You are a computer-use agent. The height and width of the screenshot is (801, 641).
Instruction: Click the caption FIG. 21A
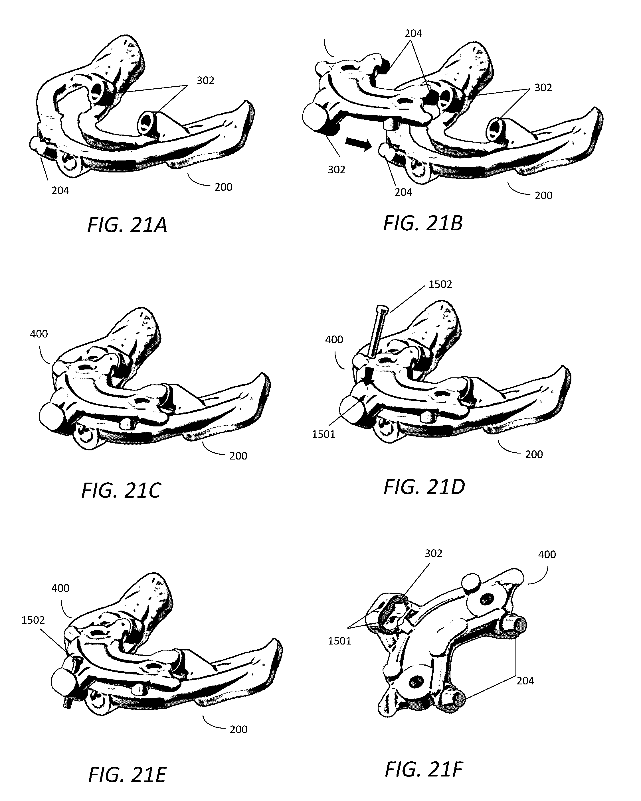[127, 225]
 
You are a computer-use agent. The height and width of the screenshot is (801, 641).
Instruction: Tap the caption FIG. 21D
[424, 487]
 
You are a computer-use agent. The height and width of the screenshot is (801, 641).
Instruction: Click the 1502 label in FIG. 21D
[440, 284]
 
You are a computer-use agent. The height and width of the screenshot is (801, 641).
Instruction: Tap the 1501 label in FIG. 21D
[323, 434]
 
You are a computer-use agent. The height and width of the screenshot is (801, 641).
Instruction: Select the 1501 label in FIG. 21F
[339, 641]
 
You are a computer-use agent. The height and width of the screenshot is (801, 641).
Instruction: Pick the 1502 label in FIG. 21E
[33, 620]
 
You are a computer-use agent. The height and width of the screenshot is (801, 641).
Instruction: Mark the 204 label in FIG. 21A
[60, 191]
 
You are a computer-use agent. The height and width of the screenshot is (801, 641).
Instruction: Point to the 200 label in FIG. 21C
[238, 456]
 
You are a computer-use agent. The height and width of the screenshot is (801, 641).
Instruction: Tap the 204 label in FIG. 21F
[525, 681]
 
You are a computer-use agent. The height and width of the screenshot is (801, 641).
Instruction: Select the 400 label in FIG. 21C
[39, 334]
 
